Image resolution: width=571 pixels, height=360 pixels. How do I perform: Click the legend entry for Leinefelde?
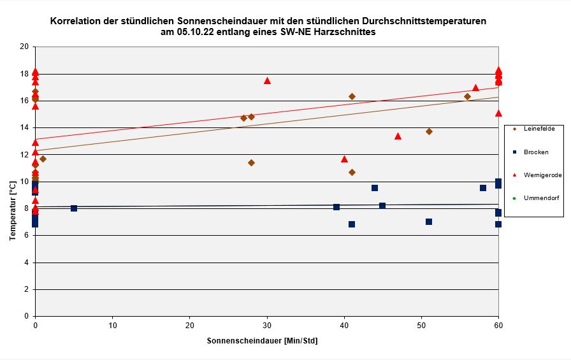tap(539, 129)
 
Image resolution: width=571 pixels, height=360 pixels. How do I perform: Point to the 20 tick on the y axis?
tap(25, 47)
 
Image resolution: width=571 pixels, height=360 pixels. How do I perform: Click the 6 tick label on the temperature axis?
tap(27, 236)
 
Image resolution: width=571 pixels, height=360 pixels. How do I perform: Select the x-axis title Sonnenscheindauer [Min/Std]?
tap(262, 341)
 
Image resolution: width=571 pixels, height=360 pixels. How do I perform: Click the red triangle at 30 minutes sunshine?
tap(267, 81)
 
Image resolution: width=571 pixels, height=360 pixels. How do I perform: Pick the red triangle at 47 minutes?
tap(398, 136)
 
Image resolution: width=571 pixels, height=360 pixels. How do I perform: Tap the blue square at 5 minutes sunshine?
tap(74, 208)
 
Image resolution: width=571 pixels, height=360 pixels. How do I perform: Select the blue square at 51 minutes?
tap(429, 222)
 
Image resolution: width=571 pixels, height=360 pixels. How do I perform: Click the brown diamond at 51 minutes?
tap(429, 131)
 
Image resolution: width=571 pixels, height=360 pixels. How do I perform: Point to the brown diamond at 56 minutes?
tap(467, 97)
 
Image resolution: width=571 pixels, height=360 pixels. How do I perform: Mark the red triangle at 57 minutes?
tap(475, 88)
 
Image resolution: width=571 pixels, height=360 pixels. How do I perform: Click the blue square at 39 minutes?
tap(336, 207)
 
